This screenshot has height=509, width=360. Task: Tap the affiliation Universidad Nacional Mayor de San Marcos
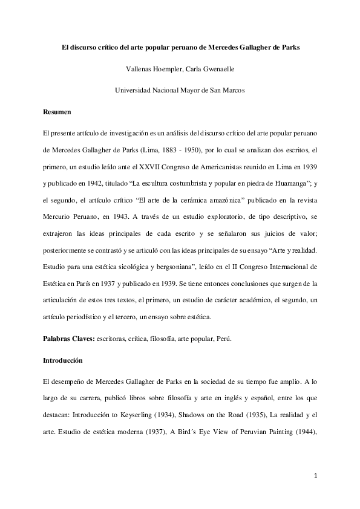point(180,91)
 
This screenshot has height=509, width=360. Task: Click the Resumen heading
point(57,112)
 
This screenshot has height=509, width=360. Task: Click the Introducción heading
point(62,361)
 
